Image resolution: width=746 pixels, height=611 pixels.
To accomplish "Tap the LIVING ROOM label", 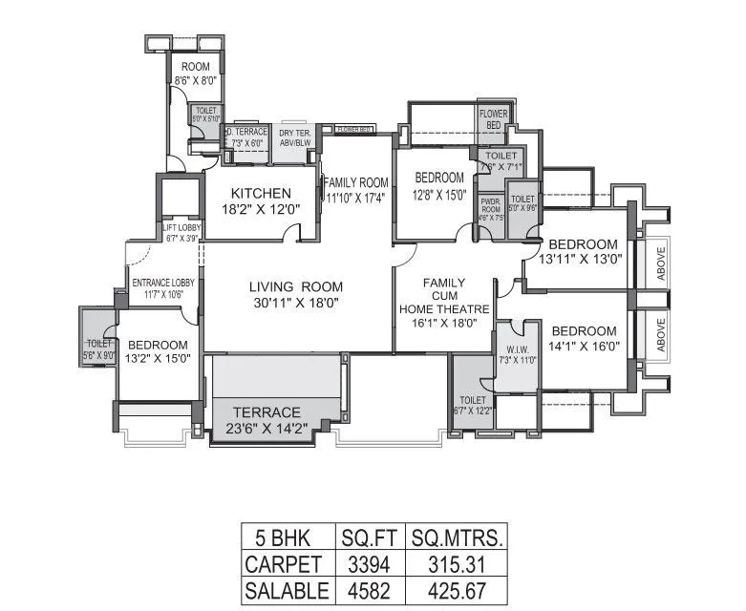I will [295, 286].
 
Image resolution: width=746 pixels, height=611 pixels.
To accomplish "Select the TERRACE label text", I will [268, 411].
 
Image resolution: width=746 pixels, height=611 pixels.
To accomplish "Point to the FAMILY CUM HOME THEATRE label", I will [443, 296].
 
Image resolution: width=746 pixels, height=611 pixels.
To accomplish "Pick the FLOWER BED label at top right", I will [493, 118].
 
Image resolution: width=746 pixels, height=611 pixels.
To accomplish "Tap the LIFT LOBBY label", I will [180, 227].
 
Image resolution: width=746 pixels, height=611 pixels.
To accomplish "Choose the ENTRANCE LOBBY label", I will [162, 284].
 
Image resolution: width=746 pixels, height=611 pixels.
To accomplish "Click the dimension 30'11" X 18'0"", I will [295, 303].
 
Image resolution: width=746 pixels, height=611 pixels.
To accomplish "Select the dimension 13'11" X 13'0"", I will [583, 258].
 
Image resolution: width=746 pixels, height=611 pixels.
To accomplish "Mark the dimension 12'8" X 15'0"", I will [439, 196].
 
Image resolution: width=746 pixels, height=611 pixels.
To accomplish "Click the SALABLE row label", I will [286, 590].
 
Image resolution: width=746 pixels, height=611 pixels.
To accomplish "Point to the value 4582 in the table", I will [368, 590].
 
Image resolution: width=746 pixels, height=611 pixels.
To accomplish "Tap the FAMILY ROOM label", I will [356, 182].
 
